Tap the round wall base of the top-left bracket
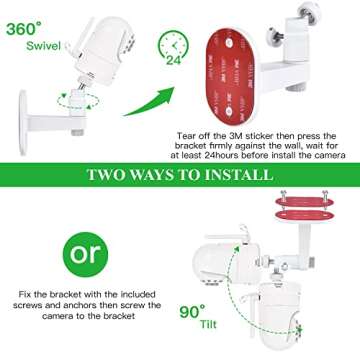(29, 110)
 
